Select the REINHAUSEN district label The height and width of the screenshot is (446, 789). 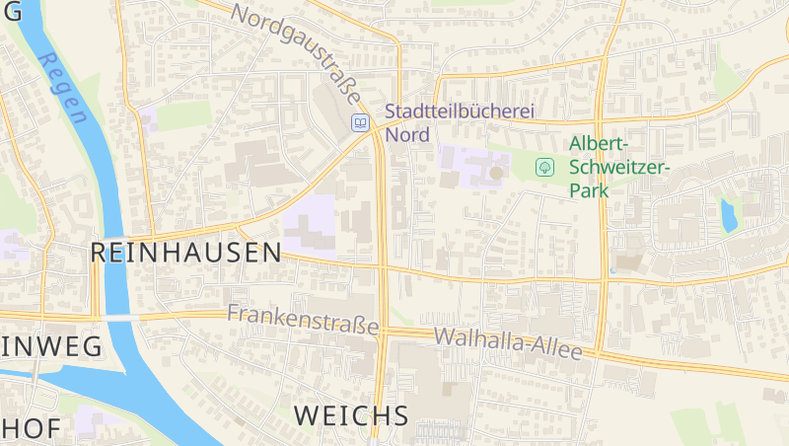pos(185,253)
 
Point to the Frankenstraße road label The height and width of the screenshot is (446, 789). pos(303,319)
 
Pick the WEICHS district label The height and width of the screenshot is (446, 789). pos(351,415)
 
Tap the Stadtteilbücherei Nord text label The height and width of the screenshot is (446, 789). pos(459,122)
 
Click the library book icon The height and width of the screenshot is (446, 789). pos(362,123)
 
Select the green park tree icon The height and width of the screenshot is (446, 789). pos(543,167)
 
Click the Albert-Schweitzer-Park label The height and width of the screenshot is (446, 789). pos(618,167)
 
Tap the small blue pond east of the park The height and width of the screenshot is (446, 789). pos(729,215)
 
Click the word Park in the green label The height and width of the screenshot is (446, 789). pos(590,190)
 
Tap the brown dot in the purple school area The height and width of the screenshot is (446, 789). pos(495,173)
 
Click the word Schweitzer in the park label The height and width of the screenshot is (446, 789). pos(618,167)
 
